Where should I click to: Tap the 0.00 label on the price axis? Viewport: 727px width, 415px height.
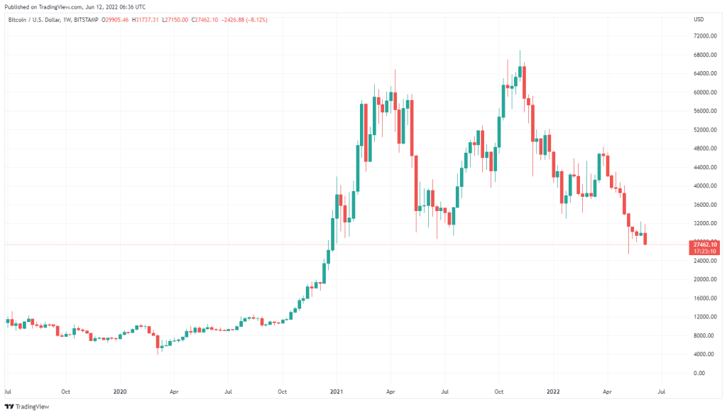[699, 373]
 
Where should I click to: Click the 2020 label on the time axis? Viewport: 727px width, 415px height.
[119, 391]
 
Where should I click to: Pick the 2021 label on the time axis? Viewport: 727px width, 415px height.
[336, 391]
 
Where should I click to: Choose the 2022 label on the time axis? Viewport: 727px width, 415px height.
[553, 391]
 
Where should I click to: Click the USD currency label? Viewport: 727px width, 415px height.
[699, 18]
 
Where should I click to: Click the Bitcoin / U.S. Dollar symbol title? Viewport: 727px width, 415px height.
[35, 18]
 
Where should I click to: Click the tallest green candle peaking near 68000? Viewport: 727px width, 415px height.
[520, 72]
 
